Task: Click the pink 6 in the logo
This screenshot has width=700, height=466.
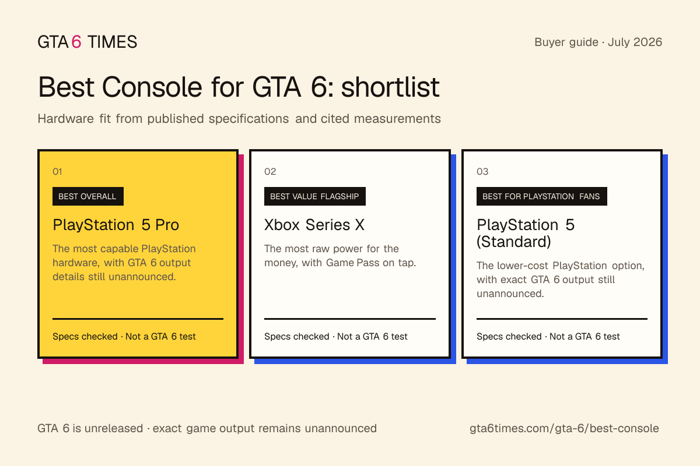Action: click(76, 42)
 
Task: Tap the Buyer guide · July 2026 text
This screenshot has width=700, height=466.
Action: click(598, 42)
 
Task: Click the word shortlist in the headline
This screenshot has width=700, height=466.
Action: click(390, 87)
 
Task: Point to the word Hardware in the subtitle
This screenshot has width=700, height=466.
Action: click(65, 119)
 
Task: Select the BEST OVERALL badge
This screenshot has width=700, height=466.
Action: click(88, 196)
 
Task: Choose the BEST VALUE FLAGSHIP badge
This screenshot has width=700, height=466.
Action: click(314, 196)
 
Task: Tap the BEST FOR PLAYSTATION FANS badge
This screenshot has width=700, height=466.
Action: click(541, 196)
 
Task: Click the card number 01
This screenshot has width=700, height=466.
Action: click(57, 171)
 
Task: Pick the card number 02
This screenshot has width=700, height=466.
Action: click(270, 171)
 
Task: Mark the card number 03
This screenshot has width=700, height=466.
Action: click(482, 171)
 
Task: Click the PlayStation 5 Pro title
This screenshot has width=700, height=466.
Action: click(116, 225)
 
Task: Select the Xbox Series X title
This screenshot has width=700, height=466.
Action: click(314, 225)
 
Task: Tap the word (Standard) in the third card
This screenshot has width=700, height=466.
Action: click(513, 242)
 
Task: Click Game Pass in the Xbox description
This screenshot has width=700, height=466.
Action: click(353, 263)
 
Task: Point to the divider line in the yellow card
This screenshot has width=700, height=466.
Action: click(138, 319)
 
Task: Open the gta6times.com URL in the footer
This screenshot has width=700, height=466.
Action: click(564, 429)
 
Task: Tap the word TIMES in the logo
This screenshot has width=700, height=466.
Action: click(112, 42)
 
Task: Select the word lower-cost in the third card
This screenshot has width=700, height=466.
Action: click(523, 266)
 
